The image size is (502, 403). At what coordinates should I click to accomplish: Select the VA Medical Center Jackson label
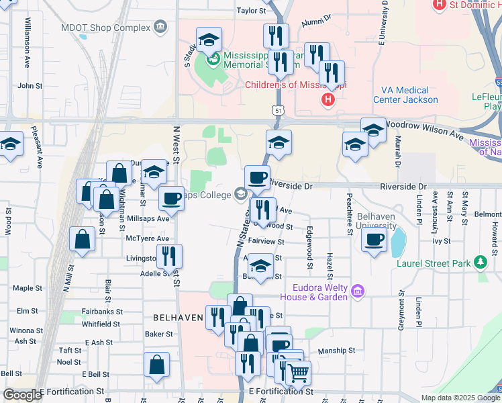click(x=403, y=95)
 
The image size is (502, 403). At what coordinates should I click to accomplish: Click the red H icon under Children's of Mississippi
click(x=328, y=101)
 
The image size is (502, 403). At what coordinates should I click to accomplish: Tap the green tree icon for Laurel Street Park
click(x=479, y=262)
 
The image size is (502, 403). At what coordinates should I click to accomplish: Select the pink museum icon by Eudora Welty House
click(x=358, y=291)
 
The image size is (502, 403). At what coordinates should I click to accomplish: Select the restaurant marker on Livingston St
click(x=168, y=256)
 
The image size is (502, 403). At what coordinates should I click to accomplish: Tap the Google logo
click(x=22, y=395)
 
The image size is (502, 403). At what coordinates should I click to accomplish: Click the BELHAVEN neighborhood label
click(x=178, y=317)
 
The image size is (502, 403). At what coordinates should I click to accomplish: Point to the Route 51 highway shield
click(x=277, y=109)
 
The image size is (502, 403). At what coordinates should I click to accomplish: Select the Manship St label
click(x=336, y=351)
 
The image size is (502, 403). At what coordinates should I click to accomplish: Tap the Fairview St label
click(x=266, y=241)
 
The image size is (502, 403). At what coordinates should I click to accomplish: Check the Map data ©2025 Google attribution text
click(x=460, y=398)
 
